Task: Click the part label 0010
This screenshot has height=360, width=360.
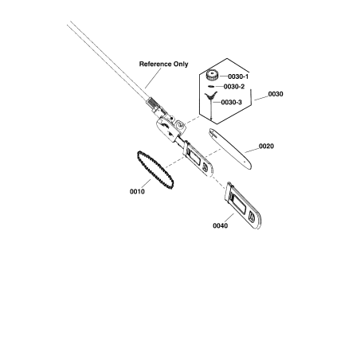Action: click(137, 191)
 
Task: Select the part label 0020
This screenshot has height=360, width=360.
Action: click(266, 146)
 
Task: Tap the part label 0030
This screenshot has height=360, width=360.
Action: click(276, 94)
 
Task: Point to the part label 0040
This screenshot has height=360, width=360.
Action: click(220, 225)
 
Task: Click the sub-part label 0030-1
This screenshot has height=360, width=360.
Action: click(238, 76)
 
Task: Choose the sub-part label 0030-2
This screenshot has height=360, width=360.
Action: click(234, 87)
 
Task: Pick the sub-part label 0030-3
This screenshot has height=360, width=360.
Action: click(232, 102)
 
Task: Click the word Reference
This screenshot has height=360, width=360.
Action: click(155, 64)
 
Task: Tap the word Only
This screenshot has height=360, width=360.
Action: click(181, 64)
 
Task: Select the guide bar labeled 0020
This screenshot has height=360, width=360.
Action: click(230, 149)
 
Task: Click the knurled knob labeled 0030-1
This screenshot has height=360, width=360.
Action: click(212, 75)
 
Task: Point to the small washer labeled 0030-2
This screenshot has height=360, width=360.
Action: click(211, 86)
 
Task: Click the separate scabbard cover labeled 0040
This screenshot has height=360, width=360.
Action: click(244, 205)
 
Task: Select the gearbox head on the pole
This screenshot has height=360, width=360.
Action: click(170, 128)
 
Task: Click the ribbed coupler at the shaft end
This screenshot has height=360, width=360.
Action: click(153, 104)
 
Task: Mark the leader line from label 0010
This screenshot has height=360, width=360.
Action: click(146, 184)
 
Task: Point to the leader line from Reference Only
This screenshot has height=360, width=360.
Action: click(153, 78)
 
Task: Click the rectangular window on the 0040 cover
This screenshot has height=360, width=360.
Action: click(239, 205)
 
